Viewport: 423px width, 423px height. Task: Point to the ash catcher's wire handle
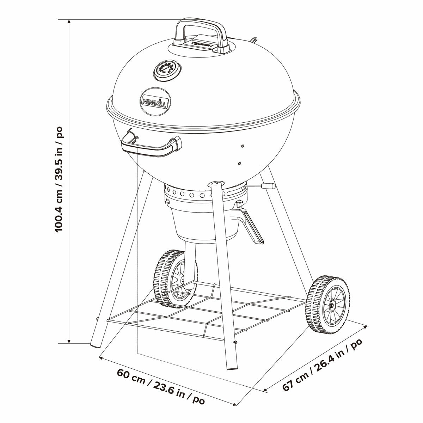point(253,227)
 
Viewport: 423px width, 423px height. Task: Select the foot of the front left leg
point(95,343)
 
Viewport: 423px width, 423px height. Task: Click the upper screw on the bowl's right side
point(243,145)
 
